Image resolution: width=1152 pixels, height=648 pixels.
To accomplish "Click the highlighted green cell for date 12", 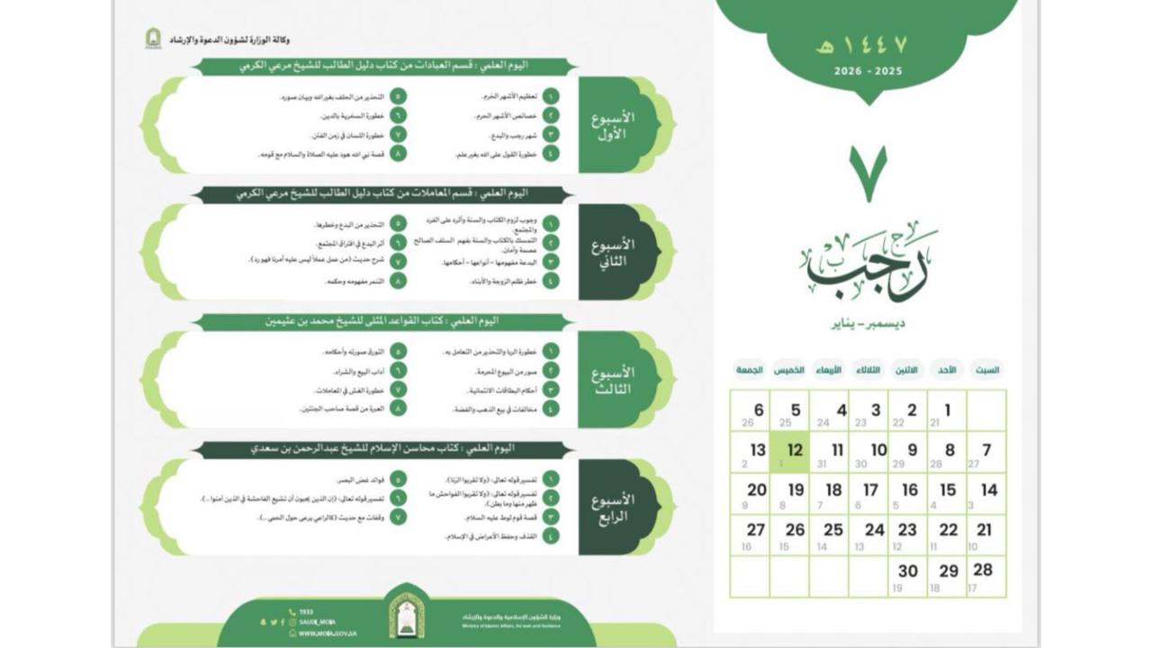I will coord(789,452).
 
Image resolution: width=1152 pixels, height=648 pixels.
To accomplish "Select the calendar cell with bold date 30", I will coord(908,576).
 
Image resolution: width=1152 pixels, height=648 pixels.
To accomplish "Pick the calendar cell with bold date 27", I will coord(750,535).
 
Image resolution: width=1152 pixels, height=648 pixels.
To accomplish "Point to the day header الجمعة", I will coord(750,370).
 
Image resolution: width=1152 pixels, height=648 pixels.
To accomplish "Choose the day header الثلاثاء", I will coord(868,370).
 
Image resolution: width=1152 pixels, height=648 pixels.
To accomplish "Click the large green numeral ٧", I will coord(868,174).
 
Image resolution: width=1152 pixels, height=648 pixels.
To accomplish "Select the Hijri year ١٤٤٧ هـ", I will coord(867,46).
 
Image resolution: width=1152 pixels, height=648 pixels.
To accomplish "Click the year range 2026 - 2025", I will coord(868,71).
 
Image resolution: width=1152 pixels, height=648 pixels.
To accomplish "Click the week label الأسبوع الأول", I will coord(613,126).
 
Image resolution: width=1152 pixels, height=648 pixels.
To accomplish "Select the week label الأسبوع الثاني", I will coord(613,253).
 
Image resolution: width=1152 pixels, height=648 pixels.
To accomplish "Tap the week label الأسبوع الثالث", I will coord(613,380).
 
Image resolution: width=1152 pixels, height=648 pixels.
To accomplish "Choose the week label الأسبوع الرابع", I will coord(613,508).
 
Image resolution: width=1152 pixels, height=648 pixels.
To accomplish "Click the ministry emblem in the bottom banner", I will coord(407,616).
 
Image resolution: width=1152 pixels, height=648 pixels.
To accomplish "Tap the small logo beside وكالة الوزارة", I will coord(153,39).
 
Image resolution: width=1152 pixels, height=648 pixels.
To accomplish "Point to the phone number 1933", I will coord(306,612).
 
